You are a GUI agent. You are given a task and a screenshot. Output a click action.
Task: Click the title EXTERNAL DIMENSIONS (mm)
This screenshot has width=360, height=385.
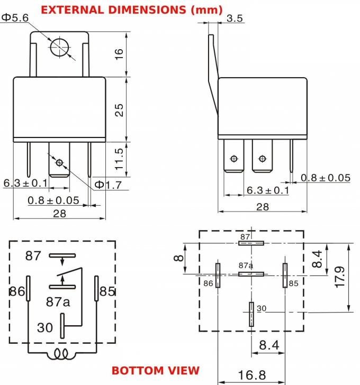[x=131, y=10]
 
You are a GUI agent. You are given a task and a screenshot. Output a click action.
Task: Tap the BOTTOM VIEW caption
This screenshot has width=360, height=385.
[x=156, y=370]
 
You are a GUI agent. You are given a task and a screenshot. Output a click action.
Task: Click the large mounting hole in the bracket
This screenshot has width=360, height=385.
[x=60, y=47]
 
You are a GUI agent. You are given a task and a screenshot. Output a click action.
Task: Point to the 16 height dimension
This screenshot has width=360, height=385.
[x=119, y=54]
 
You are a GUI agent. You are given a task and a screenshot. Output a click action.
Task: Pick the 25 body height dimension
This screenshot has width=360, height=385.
[x=119, y=109]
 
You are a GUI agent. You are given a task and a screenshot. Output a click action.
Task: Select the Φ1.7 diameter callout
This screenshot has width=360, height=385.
[x=109, y=185]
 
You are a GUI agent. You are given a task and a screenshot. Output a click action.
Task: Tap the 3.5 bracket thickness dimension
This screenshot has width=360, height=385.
[x=234, y=19]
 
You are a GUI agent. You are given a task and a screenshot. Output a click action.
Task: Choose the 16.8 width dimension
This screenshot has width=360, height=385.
[x=251, y=375]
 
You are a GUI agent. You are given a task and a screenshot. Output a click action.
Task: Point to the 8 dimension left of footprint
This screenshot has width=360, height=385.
[x=179, y=259]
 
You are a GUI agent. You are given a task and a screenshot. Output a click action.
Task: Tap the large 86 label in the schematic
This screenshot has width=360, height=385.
[x=17, y=291]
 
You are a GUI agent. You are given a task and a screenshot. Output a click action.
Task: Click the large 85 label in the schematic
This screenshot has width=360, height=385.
[x=107, y=291]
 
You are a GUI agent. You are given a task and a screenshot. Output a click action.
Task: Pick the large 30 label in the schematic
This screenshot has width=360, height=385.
[x=45, y=327]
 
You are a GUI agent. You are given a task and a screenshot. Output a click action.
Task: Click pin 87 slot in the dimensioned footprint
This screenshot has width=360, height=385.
[x=251, y=243]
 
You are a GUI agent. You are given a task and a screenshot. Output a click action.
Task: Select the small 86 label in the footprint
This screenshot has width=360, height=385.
[x=209, y=283]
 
